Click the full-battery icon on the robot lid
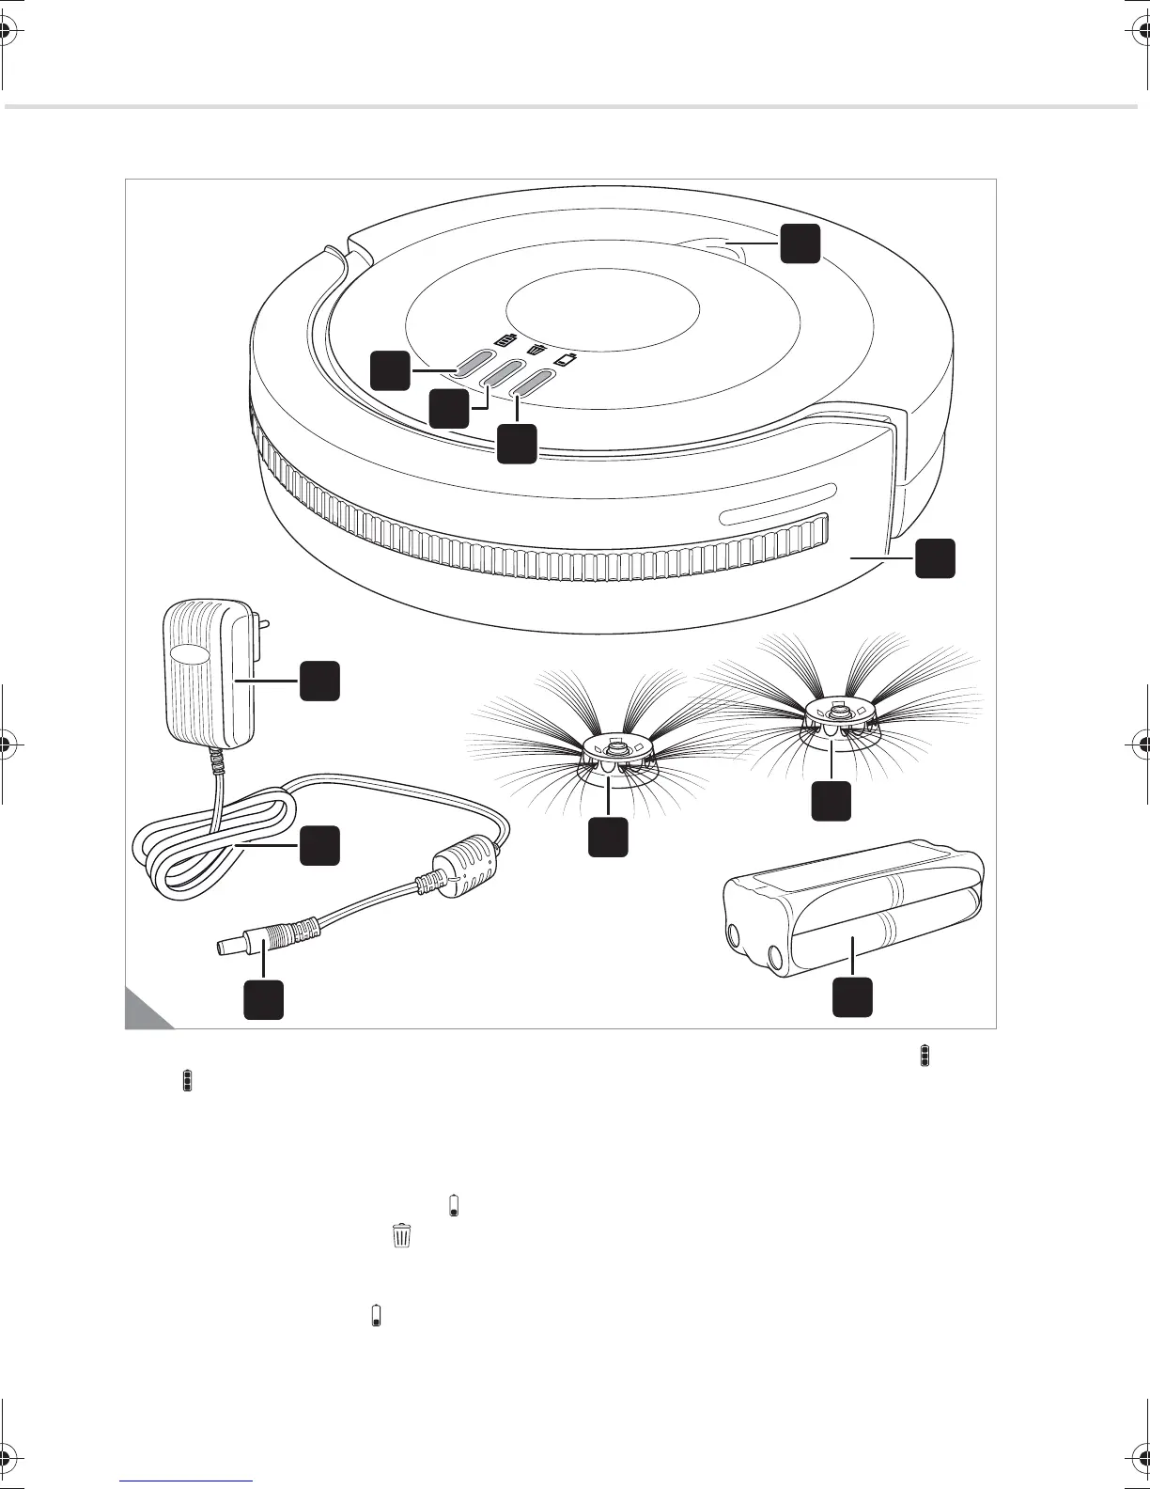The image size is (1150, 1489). (506, 338)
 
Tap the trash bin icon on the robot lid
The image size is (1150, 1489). (536, 349)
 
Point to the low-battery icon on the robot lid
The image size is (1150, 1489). (566, 360)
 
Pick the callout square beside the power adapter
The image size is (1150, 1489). (319, 681)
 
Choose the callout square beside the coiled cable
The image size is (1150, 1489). (319, 846)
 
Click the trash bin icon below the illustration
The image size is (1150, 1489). (402, 1235)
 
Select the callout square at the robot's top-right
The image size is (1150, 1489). (800, 243)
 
